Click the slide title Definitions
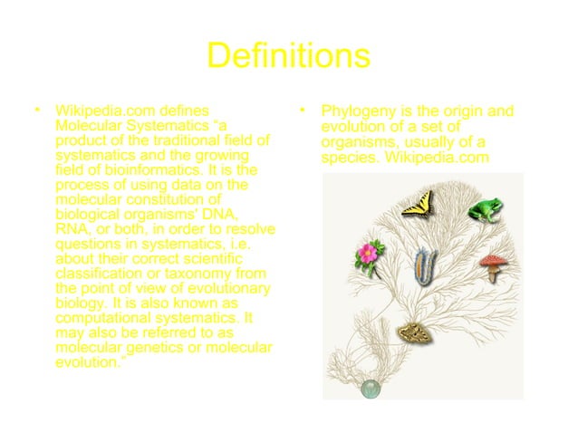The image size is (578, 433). (288, 56)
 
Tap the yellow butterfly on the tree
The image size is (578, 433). (419, 203)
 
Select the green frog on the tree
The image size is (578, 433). (485, 209)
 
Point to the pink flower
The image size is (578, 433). (368, 253)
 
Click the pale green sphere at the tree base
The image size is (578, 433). (371, 390)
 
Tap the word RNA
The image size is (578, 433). (72, 228)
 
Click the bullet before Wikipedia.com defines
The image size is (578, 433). (37, 111)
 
